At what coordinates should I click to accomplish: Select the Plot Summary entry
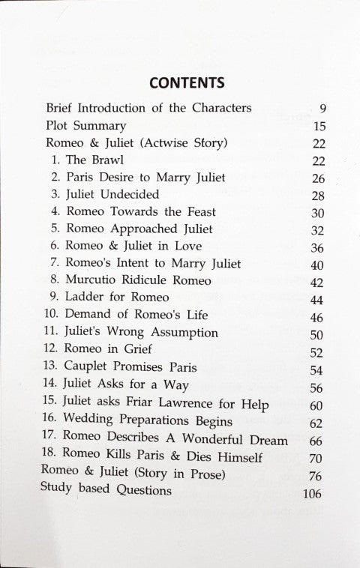[85, 126]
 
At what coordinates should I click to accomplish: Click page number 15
[319, 126]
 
